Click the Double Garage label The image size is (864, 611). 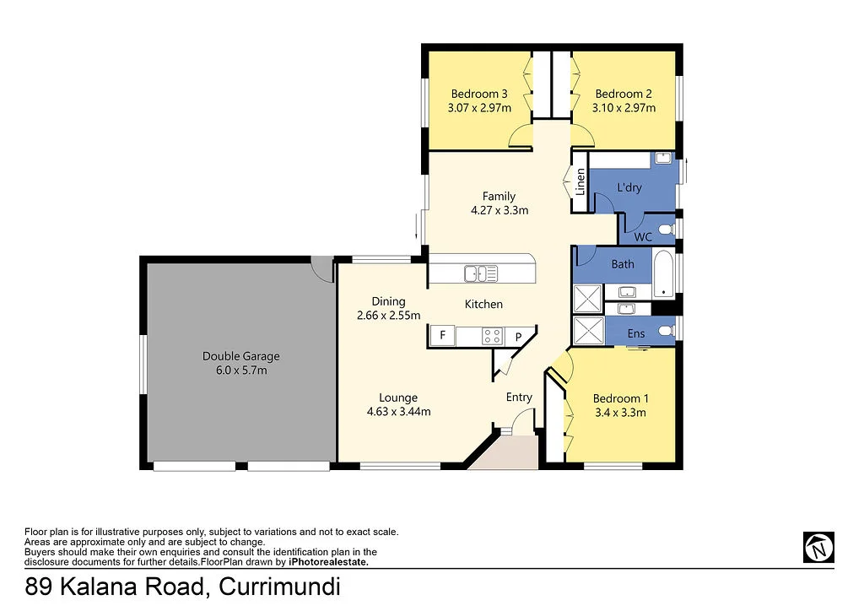[x=240, y=356]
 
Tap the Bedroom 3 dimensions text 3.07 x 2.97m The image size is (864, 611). [x=479, y=108]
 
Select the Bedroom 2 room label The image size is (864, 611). [x=623, y=94]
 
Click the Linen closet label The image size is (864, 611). [x=580, y=182]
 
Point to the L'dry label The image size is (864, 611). [x=629, y=187]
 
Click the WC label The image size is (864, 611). [x=643, y=237]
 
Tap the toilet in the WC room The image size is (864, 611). [x=666, y=230]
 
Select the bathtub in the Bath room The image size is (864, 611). [x=665, y=272]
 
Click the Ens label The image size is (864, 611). [x=636, y=333]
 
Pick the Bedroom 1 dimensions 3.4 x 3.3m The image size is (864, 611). [x=620, y=413]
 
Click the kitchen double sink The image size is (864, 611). [x=480, y=273]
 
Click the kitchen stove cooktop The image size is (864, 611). [x=493, y=336]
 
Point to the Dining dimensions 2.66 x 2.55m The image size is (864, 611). [x=388, y=316]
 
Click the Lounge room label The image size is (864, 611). [x=398, y=397]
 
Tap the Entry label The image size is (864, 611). [x=519, y=397]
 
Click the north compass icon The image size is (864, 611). [x=818, y=547]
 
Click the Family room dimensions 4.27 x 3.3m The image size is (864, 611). [x=499, y=210]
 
